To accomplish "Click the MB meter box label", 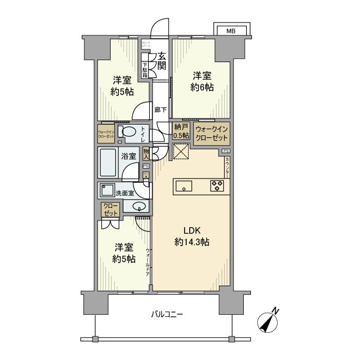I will coord(231,31).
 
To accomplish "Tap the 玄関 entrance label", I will coord(162,62).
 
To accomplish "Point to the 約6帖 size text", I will coord(204,87).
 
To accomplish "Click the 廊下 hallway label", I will coord(160,110).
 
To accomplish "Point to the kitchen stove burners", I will coord(217,186).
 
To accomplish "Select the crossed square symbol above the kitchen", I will coord(181,153).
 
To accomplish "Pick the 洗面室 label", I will coord(124,193).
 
